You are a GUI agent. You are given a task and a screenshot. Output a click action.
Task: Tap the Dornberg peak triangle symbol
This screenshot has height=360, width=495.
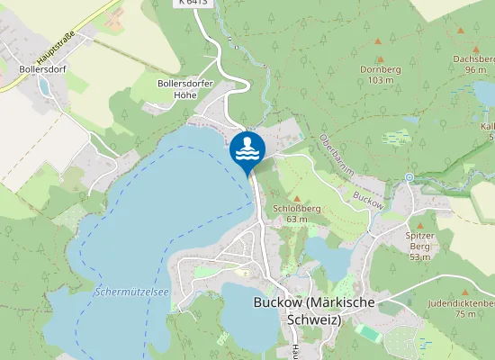(x=379, y=41)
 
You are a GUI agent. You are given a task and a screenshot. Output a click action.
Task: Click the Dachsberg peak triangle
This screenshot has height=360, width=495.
(x=462, y=30)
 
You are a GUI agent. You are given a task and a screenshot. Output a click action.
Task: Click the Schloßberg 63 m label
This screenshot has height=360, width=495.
(x=297, y=212)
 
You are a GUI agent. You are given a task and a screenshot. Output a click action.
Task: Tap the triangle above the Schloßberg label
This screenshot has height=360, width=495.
(x=297, y=195)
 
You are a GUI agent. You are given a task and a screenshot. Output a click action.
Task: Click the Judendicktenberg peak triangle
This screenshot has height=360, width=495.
(x=466, y=292)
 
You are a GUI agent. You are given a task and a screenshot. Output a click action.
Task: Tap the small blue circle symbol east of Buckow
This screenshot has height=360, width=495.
(x=409, y=178)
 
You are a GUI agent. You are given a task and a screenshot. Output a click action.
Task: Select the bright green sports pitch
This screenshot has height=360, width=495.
(x=367, y=332)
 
